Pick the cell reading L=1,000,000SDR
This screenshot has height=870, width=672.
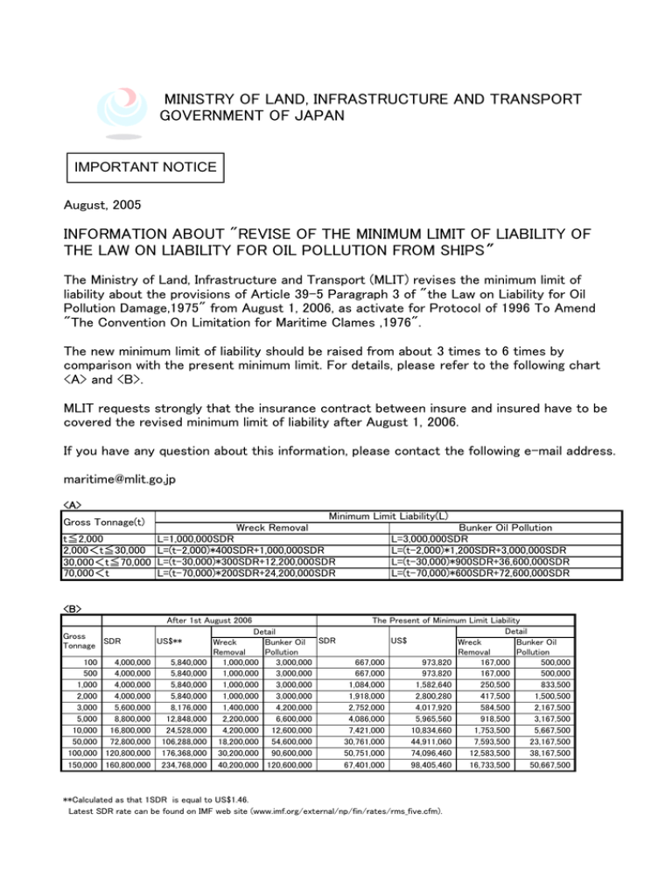195,538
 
